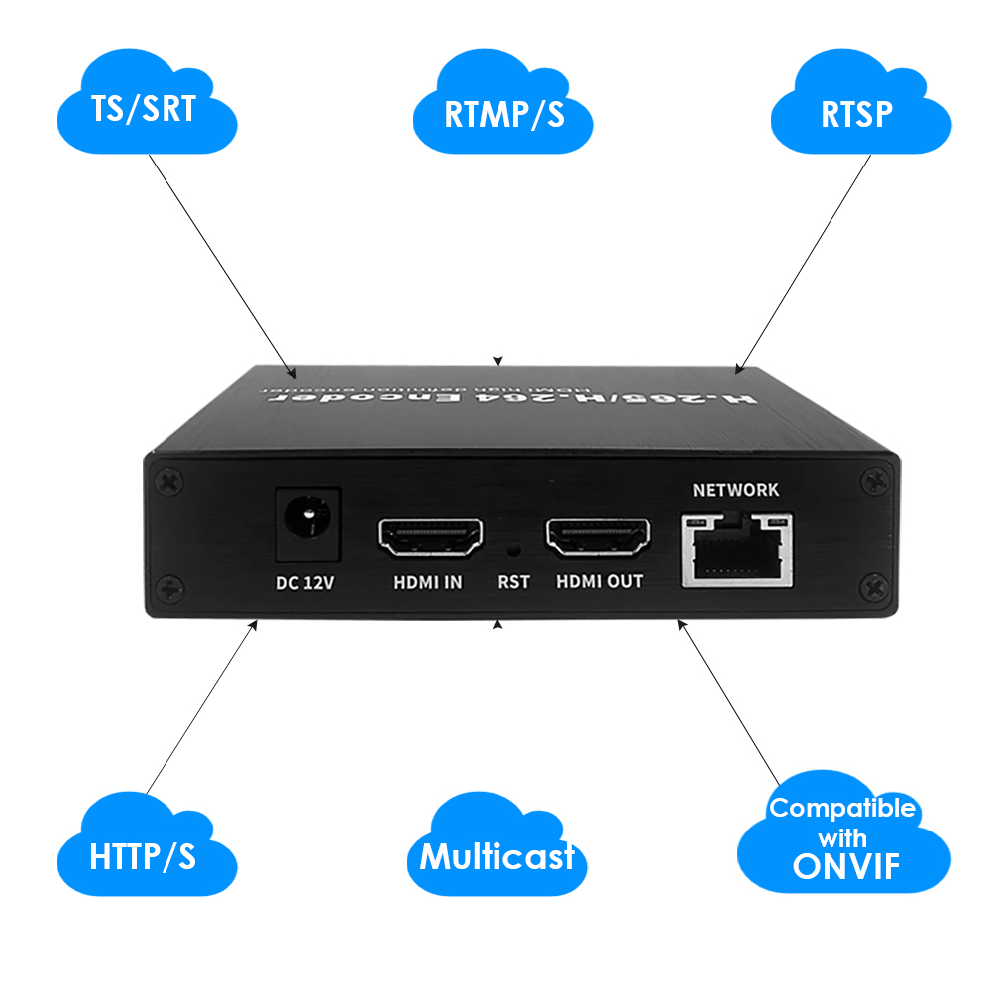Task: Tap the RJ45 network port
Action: [737, 548]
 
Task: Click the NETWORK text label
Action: [736, 490]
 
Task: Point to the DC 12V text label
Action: [305, 582]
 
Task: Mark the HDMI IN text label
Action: [426, 582]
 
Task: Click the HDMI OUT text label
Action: [599, 582]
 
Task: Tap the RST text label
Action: [513, 582]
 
